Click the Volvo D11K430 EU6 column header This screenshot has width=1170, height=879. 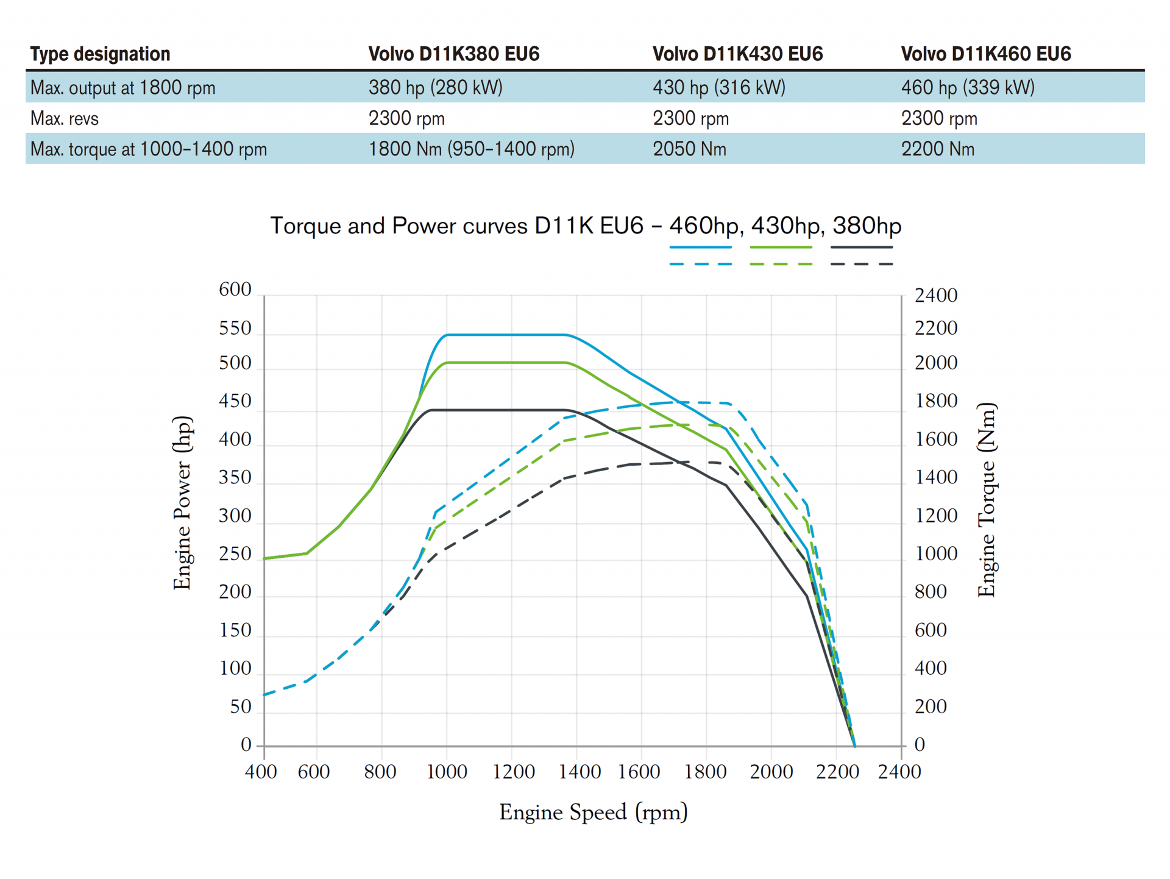(737, 54)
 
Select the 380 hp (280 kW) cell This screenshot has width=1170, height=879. (435, 87)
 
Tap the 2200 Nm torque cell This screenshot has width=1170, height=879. (937, 149)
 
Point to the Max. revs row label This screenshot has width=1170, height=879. (65, 118)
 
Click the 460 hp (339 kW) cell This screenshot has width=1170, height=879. (968, 87)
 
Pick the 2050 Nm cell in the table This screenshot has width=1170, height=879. (689, 149)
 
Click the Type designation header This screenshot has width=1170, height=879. (100, 54)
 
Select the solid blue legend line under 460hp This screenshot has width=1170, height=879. (700, 247)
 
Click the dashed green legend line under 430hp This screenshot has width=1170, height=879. (781, 264)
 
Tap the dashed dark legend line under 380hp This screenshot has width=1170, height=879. (861, 264)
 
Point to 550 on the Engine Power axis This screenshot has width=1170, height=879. (235, 329)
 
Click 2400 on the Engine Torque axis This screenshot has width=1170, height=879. (935, 296)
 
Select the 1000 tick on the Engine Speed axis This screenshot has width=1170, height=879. (447, 772)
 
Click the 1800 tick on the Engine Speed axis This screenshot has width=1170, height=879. (705, 772)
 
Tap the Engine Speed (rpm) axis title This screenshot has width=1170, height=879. (593, 812)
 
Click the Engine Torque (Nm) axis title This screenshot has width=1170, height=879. (987, 500)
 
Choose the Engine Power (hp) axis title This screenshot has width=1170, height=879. (182, 503)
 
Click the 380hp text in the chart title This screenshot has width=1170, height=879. (867, 226)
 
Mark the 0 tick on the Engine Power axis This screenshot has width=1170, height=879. (246, 744)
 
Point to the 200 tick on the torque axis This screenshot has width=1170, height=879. (930, 706)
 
